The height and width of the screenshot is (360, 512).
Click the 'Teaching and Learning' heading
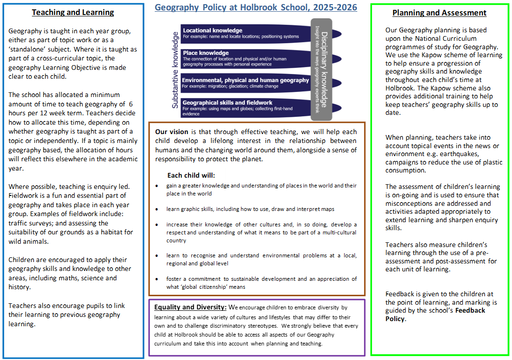pyautogui.click(x=73, y=13)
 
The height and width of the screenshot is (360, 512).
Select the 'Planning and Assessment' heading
pyautogui.click(x=439, y=13)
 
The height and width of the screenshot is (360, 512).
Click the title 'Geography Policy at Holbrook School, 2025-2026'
pyautogui.click(x=256, y=7)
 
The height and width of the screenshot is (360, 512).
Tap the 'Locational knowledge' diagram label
pyautogui.click(x=212, y=30)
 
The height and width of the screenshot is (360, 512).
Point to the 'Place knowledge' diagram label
pyautogui.click(x=205, y=53)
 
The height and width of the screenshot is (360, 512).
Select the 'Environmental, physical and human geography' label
pyautogui.click(x=245, y=80)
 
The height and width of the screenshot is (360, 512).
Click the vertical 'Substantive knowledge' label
pyautogui.click(x=175, y=70)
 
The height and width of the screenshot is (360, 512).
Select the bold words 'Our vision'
pyautogui.click(x=172, y=132)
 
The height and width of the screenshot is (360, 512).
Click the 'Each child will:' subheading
pyautogui.click(x=191, y=175)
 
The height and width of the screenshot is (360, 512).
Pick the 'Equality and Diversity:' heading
pyautogui.click(x=190, y=307)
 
